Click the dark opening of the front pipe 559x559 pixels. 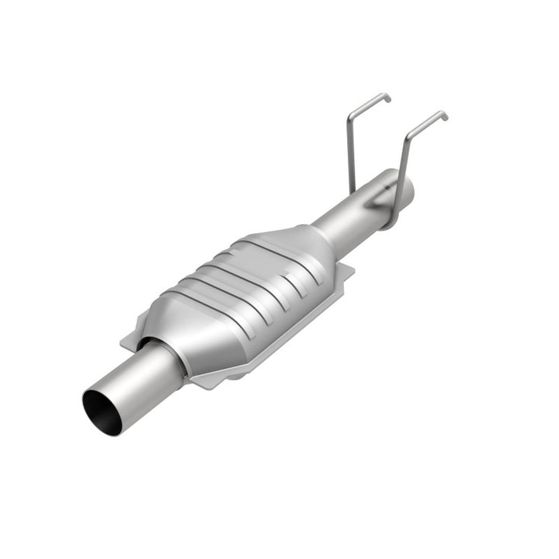pyautogui.click(x=102, y=412)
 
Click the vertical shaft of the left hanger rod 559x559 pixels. pyautogui.click(x=350, y=155)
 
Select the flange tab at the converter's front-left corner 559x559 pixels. pyautogui.click(x=129, y=339)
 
